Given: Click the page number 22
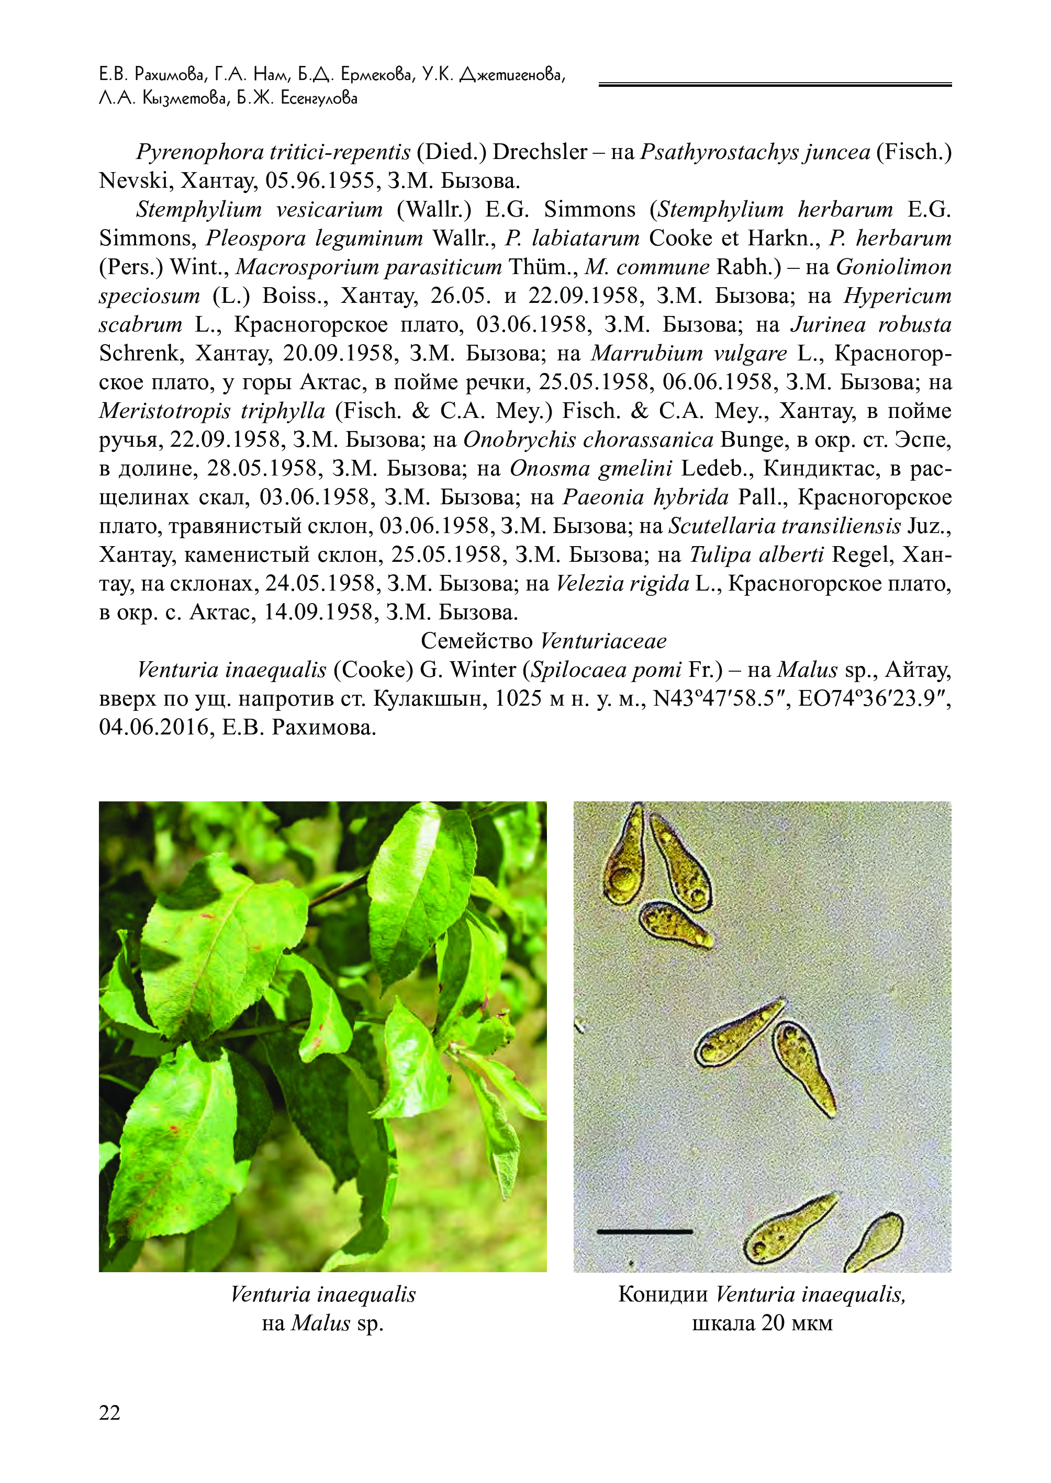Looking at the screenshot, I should (x=109, y=1412).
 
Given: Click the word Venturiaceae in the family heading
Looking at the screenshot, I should (x=603, y=641).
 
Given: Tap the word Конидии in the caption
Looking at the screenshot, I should (x=663, y=1294).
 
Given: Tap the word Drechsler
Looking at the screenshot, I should (x=540, y=152).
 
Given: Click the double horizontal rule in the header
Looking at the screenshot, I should (x=775, y=85).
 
